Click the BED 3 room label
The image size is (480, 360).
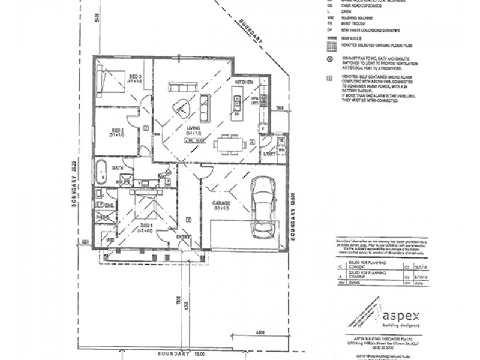[134, 77]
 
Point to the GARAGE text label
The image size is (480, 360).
[221, 203]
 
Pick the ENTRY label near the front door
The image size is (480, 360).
[184, 237]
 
